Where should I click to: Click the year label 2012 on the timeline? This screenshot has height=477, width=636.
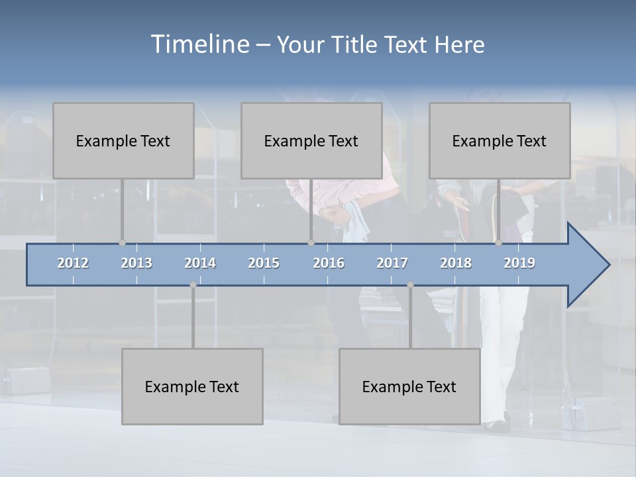tap(73, 263)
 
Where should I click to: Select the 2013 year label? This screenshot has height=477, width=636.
tap(136, 263)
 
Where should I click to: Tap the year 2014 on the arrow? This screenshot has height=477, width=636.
tap(200, 263)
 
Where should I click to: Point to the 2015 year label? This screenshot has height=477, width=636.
tap(264, 263)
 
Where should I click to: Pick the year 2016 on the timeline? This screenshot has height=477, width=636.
tap(329, 263)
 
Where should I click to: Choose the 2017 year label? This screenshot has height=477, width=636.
tap(392, 263)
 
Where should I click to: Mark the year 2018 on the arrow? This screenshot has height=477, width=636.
tap(456, 263)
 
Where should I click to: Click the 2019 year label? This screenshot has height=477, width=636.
tap(519, 263)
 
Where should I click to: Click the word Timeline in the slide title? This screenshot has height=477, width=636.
tap(199, 44)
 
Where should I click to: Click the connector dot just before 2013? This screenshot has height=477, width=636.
tap(122, 242)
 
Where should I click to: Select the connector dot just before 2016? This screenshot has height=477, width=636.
tap(311, 242)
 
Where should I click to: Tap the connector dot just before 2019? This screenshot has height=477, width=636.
tap(499, 242)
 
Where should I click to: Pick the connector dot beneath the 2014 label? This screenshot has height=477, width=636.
tap(193, 285)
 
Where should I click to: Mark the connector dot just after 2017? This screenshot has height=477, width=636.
tap(410, 285)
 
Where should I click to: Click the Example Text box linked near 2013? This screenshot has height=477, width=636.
tap(123, 140)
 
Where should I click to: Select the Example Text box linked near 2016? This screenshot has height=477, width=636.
tap(311, 140)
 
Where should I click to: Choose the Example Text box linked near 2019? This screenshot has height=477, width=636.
tap(500, 140)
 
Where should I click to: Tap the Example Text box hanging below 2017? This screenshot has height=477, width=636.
tap(409, 386)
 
